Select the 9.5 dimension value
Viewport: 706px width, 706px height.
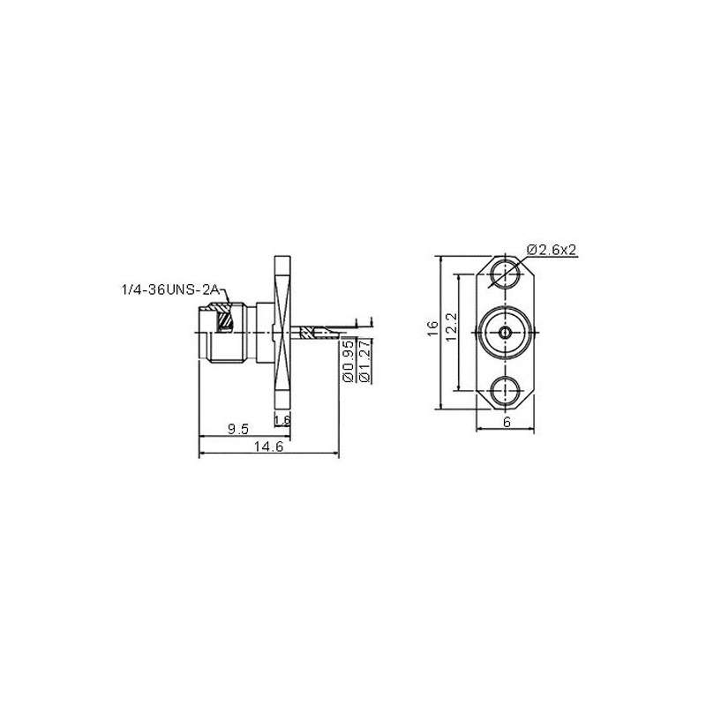pyautogui.click(x=237, y=429)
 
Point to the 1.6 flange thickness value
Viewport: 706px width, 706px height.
pyautogui.click(x=282, y=419)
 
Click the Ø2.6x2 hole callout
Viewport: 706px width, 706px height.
pyautogui.click(x=552, y=251)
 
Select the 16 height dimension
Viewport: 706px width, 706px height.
pyautogui.click(x=432, y=327)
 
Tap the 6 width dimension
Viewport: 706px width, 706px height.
pyautogui.click(x=506, y=423)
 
